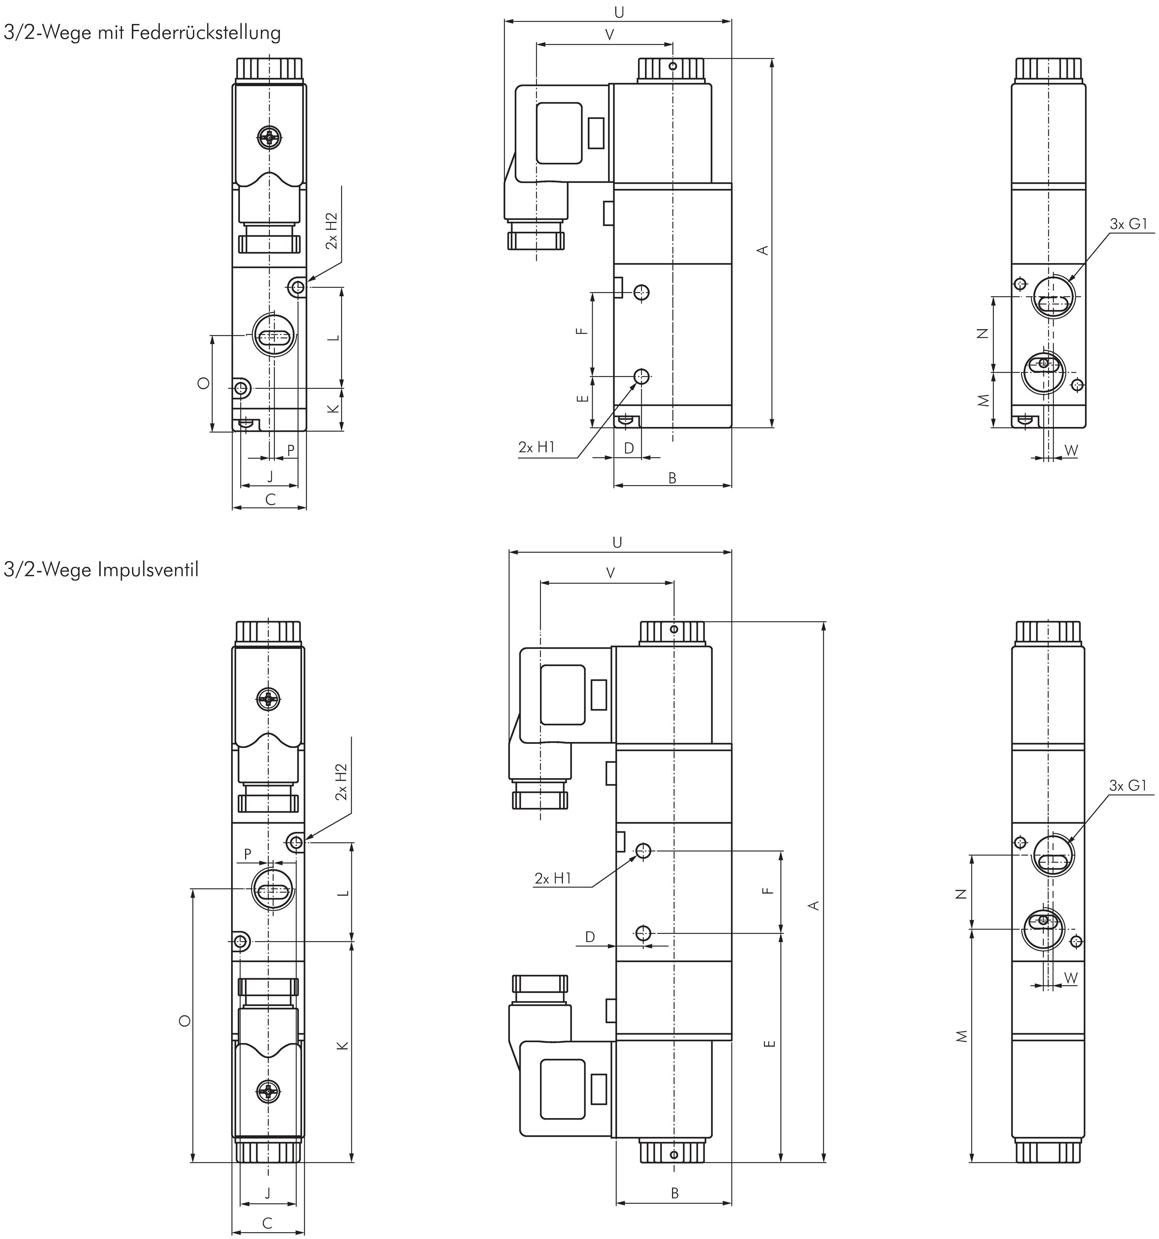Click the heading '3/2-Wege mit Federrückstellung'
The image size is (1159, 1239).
[x=142, y=32]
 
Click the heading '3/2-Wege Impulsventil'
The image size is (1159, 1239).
[x=101, y=569]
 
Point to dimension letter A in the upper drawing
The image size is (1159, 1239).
[x=762, y=250]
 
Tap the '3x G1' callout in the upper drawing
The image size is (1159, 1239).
[x=1128, y=224]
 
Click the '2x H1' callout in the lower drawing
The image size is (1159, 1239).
[x=553, y=878]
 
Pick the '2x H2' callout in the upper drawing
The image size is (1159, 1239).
[x=332, y=231]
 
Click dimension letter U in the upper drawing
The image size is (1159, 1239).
[x=619, y=13]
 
